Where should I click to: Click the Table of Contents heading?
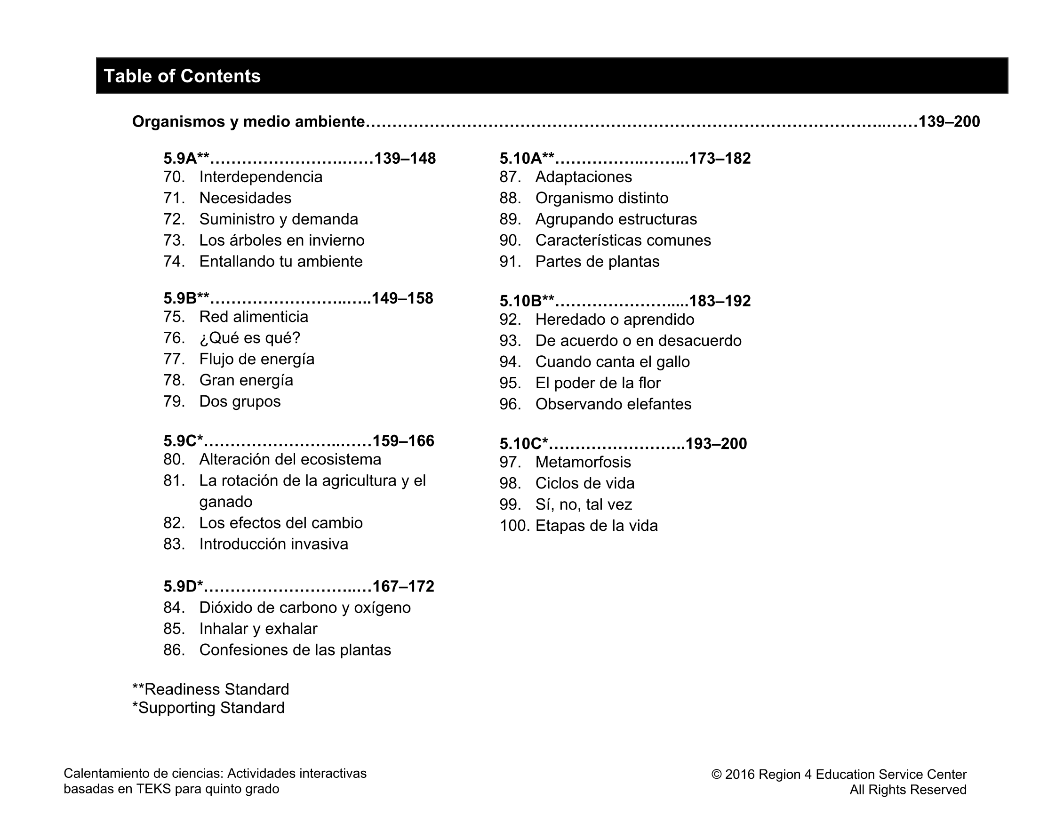pos(182,76)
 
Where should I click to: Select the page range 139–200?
pos(949,121)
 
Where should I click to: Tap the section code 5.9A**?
pos(186,159)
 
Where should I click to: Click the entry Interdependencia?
pos(261,177)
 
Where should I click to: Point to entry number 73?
pos(174,240)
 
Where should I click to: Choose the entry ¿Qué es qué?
pos(249,338)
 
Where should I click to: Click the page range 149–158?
pos(402,298)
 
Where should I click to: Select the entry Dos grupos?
pos(240,401)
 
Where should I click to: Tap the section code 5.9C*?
pos(183,441)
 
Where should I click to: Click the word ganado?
pos(226,502)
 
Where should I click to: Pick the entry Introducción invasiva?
pos(274,544)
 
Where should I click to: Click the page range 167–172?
pos(403,586)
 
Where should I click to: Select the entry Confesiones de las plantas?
pos(295,650)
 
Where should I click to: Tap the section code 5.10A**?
pos(527,159)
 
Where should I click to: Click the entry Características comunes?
pos(623,240)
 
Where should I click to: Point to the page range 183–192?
pos(720,301)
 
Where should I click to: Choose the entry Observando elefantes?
pos(613,404)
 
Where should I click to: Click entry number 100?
pos(514,526)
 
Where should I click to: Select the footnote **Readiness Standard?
pos(210,689)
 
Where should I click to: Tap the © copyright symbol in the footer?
pos(716,775)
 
